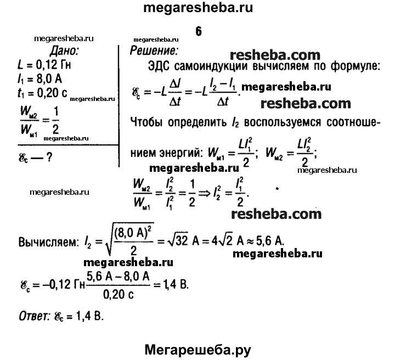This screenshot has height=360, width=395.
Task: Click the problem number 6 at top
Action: click(x=198, y=31)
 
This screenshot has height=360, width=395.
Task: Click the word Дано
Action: click(x=65, y=52)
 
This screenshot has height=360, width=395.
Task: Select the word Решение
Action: click(x=154, y=52)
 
